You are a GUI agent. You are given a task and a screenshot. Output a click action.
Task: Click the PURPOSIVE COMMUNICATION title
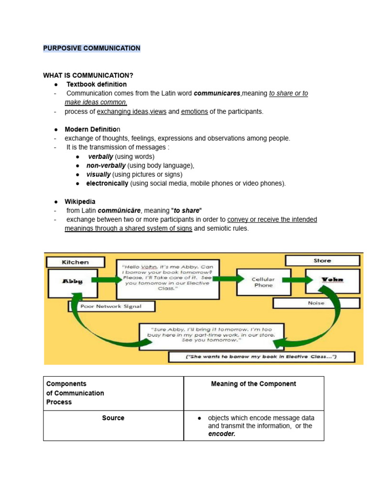tap(91, 48)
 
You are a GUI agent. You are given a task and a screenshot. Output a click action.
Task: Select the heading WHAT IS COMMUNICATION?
tap(88, 76)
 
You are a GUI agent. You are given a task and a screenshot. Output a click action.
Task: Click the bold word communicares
tap(217, 94)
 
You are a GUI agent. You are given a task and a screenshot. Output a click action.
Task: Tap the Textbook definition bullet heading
tap(96, 85)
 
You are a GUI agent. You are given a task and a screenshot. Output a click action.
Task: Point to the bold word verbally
tap(100, 156)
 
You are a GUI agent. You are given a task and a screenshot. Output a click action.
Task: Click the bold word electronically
tap(107, 183)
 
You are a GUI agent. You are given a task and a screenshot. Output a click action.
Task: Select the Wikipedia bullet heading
tap(80, 201)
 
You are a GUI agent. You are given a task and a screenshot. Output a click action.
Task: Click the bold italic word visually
tap(98, 175)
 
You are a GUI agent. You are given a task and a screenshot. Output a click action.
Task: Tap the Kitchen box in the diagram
tap(75, 262)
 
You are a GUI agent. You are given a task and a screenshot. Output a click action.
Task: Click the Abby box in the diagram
tap(73, 281)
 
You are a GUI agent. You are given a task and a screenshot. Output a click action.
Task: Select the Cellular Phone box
tap(263, 282)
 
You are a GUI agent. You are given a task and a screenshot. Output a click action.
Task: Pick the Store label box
tap(322, 261)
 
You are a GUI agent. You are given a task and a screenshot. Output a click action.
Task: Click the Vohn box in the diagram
tap(332, 280)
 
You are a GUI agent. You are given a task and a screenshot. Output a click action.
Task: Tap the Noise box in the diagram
tap(316, 303)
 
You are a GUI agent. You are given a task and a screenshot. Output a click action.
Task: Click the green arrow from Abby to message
tap(106, 279)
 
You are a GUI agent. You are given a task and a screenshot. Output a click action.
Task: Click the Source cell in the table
tap(113, 418)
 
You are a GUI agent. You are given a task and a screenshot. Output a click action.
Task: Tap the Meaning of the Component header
tap(253, 384)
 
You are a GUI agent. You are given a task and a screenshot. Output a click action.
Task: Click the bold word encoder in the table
tap(222, 434)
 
